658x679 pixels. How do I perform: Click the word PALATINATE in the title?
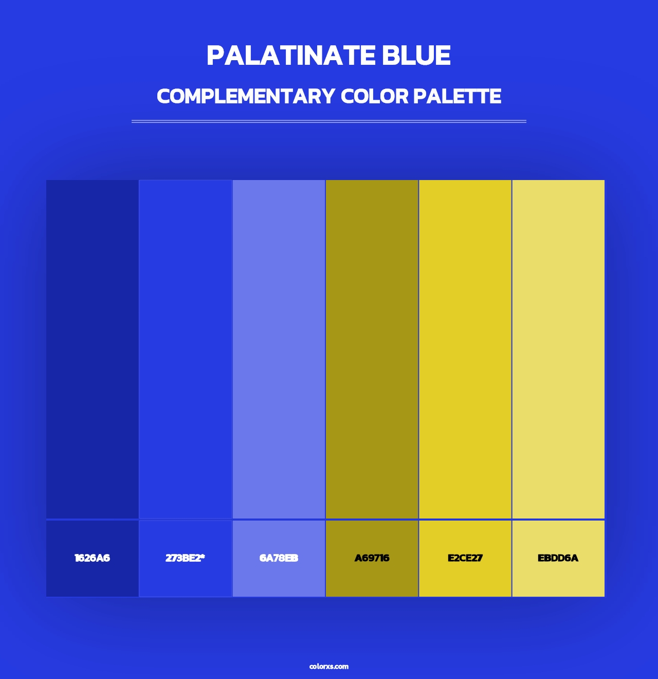coord(290,56)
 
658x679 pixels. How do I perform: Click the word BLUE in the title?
coord(416,56)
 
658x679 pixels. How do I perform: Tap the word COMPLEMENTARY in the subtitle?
coord(246,96)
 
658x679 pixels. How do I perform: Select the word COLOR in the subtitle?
coord(374,96)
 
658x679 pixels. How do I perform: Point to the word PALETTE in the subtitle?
coord(457,96)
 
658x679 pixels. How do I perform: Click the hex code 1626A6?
coord(92,558)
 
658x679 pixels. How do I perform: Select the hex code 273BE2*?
coord(184,558)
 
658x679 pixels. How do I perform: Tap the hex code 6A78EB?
coord(279,558)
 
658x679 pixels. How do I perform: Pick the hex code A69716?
coord(372,558)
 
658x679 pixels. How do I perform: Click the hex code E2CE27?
coord(465,558)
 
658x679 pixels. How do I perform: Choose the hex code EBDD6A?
coord(558,558)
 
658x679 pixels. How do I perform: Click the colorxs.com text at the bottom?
coord(329,666)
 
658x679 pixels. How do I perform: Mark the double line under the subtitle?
coord(329,121)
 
